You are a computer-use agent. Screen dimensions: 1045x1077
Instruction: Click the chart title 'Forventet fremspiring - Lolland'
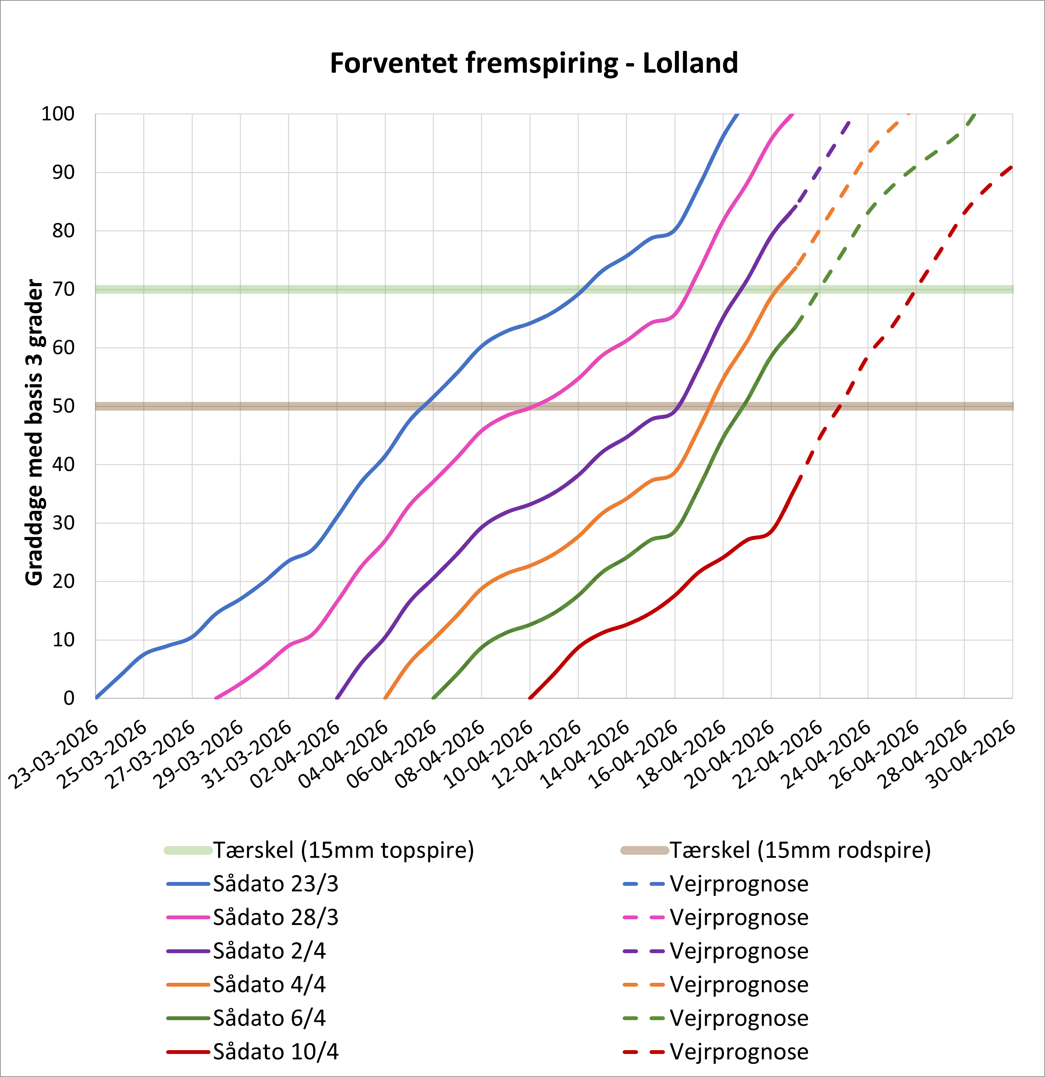pos(534,63)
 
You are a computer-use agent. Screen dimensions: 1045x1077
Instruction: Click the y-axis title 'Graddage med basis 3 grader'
pos(34,433)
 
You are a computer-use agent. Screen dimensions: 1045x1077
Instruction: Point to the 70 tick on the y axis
pos(63,289)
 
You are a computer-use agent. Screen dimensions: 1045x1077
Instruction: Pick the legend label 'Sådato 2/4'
pos(269,951)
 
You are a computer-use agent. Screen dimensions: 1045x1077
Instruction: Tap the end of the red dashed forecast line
pos(1012,166)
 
